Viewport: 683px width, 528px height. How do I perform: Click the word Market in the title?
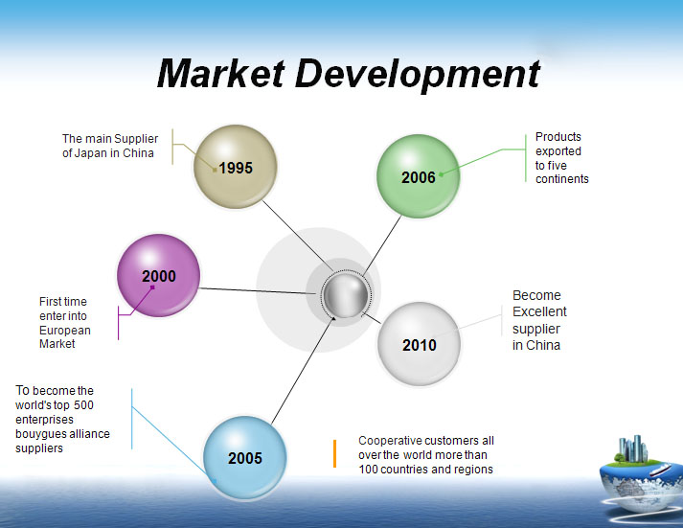click(x=221, y=73)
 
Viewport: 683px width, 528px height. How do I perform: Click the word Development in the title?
click(x=419, y=75)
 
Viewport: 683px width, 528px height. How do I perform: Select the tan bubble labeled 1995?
click(x=236, y=167)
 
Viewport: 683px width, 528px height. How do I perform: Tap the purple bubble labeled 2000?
click(x=159, y=275)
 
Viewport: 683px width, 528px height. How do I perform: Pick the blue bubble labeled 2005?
click(x=245, y=457)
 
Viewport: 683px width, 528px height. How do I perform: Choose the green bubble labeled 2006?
click(x=419, y=176)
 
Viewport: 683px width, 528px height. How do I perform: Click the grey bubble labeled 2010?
click(x=419, y=344)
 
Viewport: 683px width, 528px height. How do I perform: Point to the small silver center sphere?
click(x=346, y=295)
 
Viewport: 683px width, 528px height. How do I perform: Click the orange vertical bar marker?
click(x=334, y=453)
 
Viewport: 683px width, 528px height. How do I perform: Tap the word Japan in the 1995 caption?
click(x=96, y=153)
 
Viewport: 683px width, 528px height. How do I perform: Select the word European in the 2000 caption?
click(x=65, y=331)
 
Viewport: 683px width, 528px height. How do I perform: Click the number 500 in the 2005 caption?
click(x=83, y=405)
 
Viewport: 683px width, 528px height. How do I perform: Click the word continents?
click(x=562, y=179)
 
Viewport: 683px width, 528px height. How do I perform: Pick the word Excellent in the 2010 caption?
click(x=539, y=312)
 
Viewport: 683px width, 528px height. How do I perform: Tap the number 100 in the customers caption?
click(x=368, y=470)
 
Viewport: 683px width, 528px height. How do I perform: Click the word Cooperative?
click(x=390, y=441)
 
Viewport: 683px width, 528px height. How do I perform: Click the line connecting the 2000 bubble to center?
click(x=259, y=291)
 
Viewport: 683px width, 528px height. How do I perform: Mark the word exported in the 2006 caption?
click(x=558, y=151)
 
